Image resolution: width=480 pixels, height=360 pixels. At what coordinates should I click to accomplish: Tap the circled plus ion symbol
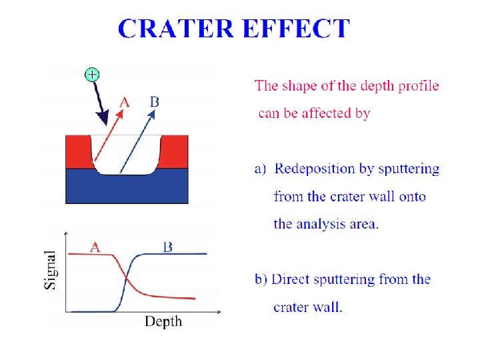(x=91, y=74)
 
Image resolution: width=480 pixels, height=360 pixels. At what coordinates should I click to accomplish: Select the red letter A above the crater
(x=124, y=102)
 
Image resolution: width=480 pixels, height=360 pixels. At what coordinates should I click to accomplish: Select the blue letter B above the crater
(x=155, y=101)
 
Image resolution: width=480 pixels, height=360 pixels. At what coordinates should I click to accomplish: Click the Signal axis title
(x=51, y=270)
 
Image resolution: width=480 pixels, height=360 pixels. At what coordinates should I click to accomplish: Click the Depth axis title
(x=163, y=322)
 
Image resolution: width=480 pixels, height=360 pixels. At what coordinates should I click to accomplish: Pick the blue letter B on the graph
(x=168, y=246)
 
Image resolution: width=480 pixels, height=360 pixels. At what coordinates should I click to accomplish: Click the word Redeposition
(x=315, y=169)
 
